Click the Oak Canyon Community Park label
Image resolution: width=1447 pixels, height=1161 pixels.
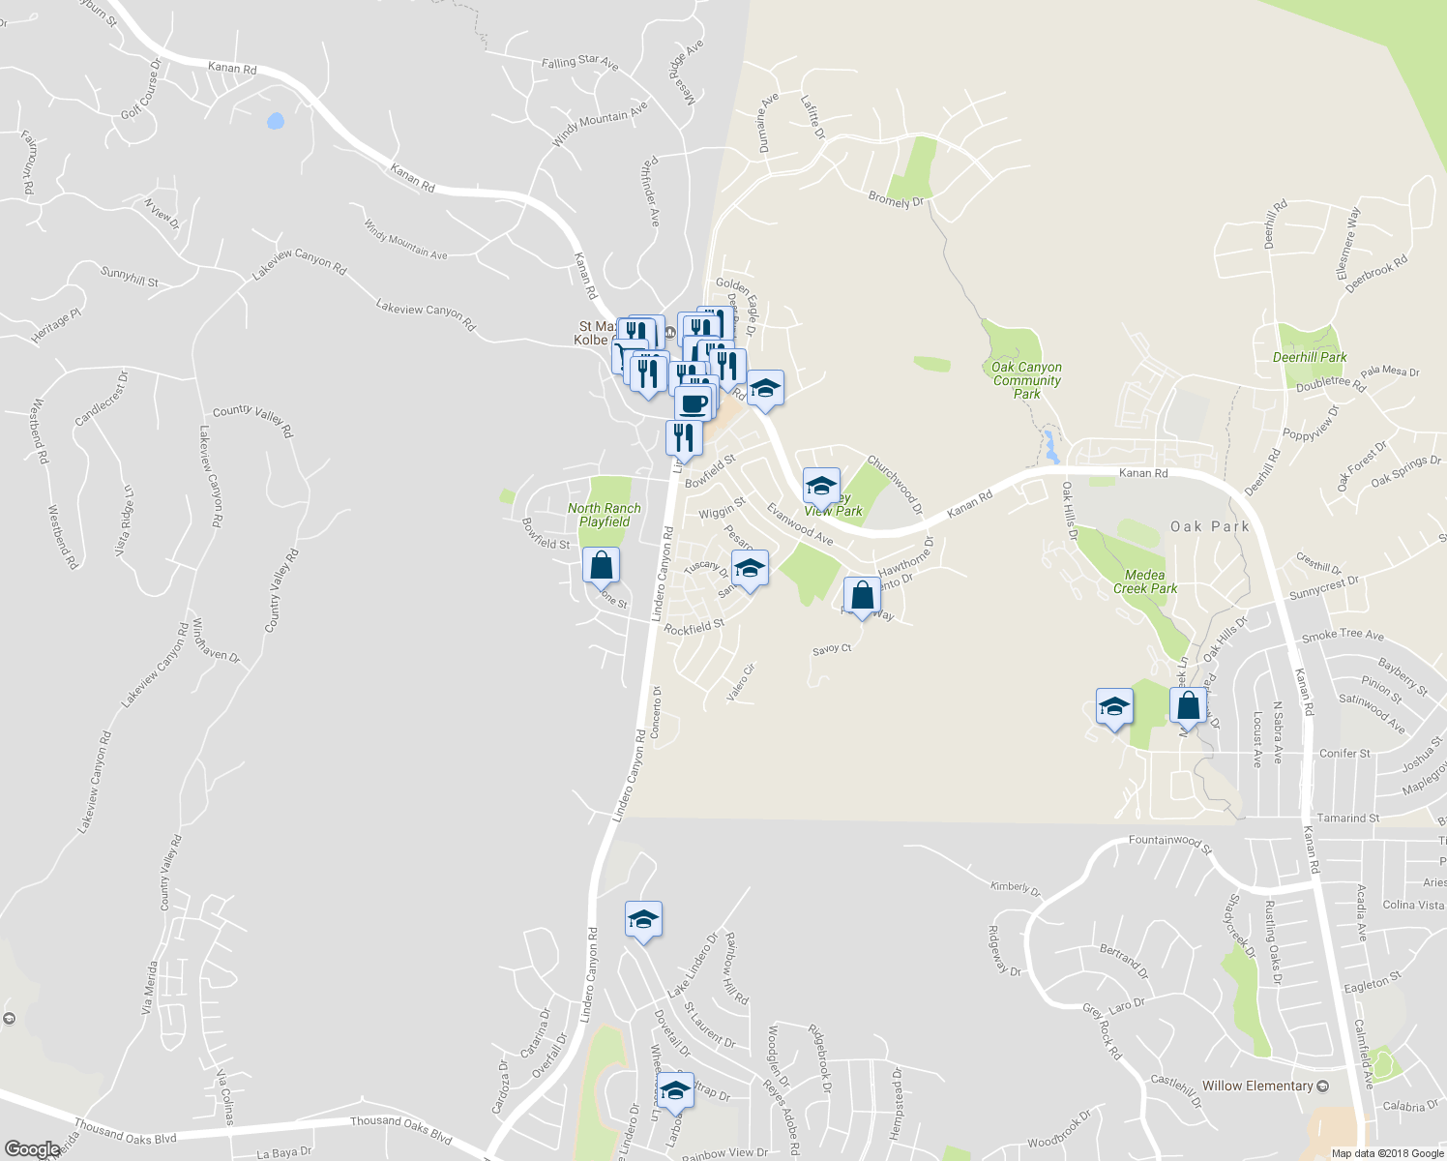(1026, 380)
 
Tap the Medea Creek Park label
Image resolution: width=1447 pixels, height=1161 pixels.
(1145, 581)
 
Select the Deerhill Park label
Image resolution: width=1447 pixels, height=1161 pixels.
(1310, 357)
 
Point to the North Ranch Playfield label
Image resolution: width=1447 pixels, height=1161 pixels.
(605, 515)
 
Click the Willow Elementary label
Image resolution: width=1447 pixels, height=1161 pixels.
(1257, 1086)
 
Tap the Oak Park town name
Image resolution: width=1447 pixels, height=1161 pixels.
(1210, 527)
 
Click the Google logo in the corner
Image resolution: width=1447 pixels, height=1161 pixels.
(32, 1149)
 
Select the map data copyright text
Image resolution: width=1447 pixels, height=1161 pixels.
(1388, 1153)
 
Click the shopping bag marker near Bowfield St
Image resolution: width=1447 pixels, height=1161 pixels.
(601, 566)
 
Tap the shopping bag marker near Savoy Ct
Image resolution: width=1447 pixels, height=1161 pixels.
(862, 595)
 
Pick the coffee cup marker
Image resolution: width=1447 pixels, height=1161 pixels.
(693, 402)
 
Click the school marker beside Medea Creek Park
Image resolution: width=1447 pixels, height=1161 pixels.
(1114, 706)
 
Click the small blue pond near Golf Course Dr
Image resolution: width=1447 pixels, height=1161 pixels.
(276, 122)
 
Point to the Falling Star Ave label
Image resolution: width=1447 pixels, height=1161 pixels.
(579, 62)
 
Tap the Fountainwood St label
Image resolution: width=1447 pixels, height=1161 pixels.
(1170, 842)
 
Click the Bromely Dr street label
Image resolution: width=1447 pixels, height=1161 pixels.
(896, 200)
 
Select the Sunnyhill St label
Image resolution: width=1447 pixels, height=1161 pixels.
(130, 277)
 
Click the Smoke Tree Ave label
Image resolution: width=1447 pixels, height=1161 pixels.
(1343, 636)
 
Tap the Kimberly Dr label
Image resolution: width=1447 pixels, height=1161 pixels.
(1016, 888)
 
